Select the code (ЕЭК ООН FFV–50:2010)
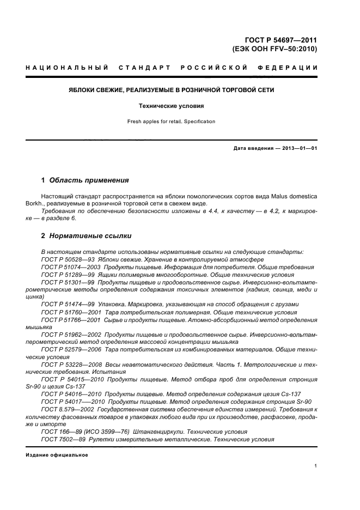[274, 48]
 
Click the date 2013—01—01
[298, 148]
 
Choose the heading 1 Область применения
[85, 180]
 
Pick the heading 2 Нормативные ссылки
[86, 236]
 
